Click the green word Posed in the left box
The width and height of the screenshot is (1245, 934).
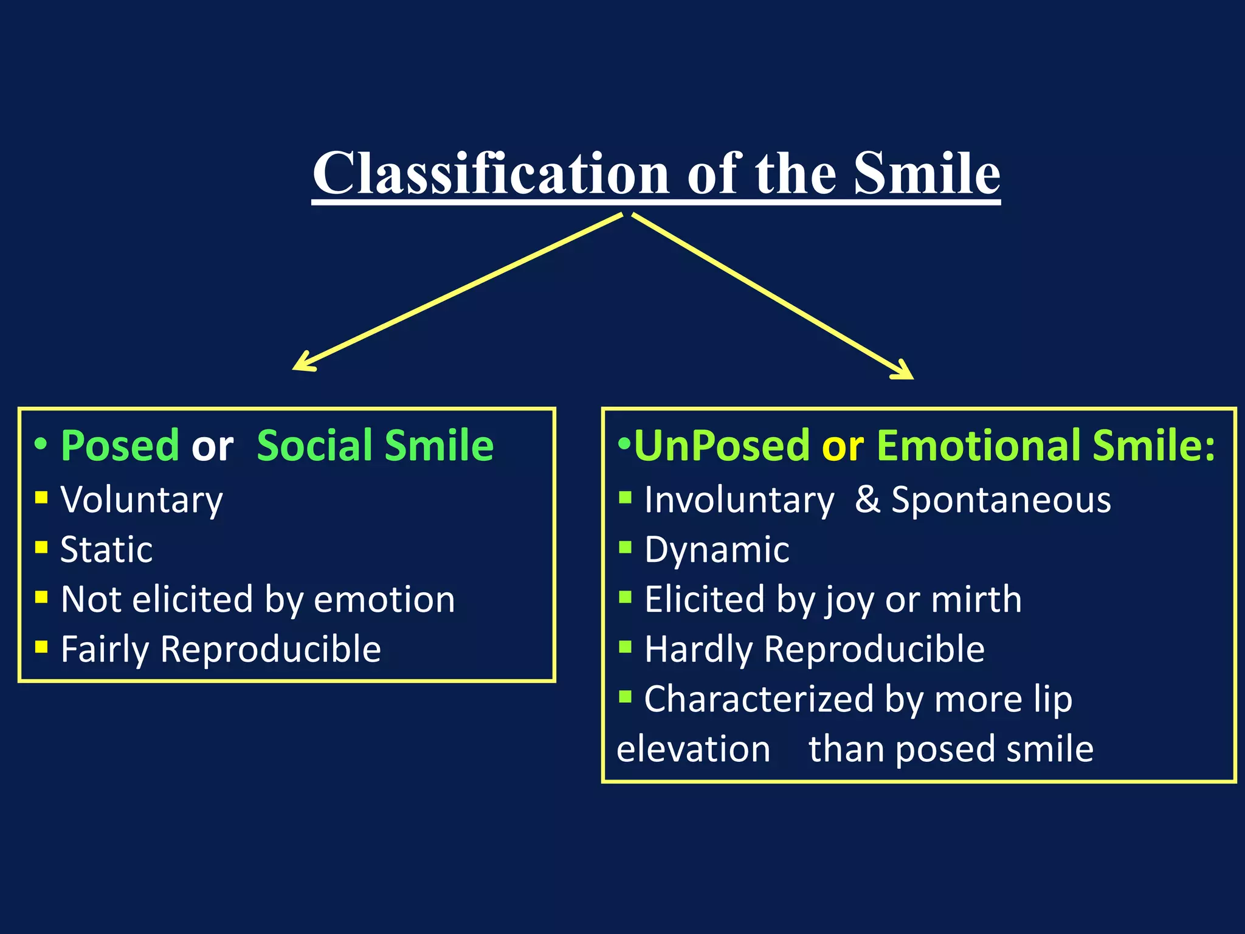coord(120,446)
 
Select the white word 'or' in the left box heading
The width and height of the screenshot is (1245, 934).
coord(212,447)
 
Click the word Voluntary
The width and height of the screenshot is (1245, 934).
coord(142,500)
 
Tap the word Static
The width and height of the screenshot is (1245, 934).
coord(106,550)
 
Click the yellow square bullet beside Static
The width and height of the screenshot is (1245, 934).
coord(41,547)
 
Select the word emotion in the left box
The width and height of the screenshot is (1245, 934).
coord(384,600)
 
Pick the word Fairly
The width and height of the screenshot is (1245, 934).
coord(105,649)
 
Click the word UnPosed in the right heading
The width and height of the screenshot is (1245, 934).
coord(722,446)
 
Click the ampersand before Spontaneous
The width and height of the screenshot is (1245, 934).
coord(867,500)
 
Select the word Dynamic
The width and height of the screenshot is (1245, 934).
coord(717,550)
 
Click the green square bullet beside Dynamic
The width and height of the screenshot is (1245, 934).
coord(625,547)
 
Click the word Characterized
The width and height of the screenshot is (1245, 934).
coord(759,699)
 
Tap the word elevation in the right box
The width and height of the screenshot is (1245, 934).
coord(693,749)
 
